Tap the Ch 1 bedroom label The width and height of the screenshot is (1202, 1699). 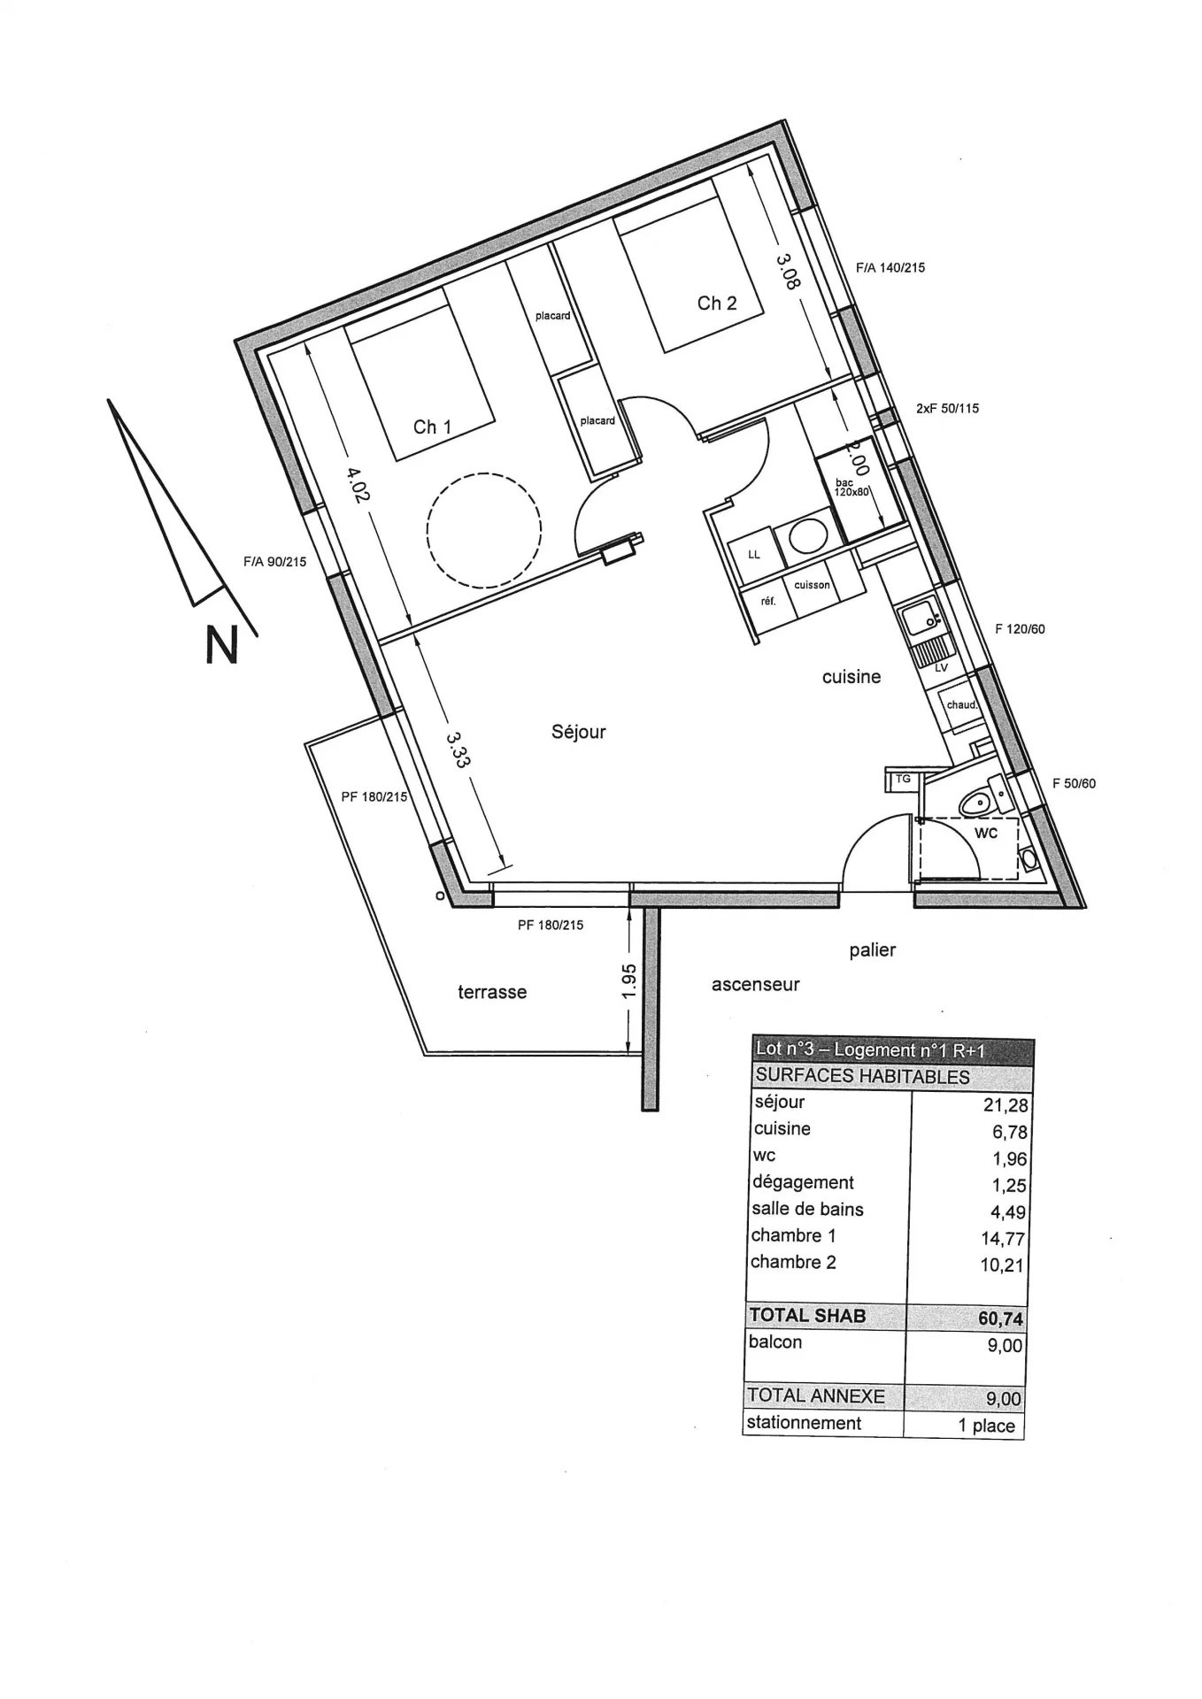[x=432, y=427]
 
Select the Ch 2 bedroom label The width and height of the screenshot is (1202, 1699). [x=717, y=304]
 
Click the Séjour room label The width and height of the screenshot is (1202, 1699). [x=579, y=733]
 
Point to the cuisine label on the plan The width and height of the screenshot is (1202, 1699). [x=851, y=677]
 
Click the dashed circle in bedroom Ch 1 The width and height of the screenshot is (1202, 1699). [x=483, y=530]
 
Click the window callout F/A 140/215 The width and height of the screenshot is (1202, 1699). [x=890, y=267]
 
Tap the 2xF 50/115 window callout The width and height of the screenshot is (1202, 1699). [x=947, y=409]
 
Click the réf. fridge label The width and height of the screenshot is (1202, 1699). [x=768, y=602]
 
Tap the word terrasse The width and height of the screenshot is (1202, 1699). [x=492, y=992]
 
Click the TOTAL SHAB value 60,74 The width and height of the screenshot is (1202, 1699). [x=1001, y=1318]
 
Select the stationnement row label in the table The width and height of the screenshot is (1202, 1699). [x=804, y=1423]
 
